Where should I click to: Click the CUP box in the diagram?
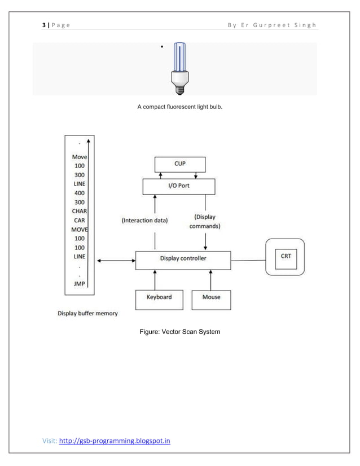pyautogui.click(x=180, y=164)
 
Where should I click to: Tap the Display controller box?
pyautogui.click(x=183, y=258)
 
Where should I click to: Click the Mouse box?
pyautogui.click(x=211, y=297)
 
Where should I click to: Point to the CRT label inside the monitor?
pyautogui.click(x=286, y=256)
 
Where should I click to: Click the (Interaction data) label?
pyautogui.click(x=144, y=221)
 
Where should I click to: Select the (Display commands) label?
pyautogui.click(x=207, y=221)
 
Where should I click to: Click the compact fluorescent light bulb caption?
pyautogui.click(x=180, y=107)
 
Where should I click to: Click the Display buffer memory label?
pyautogui.click(x=87, y=313)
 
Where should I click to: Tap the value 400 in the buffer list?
pyautogui.click(x=79, y=193)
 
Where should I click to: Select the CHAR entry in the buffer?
pyautogui.click(x=79, y=211)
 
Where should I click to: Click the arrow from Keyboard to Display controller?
pyautogui.click(x=155, y=279)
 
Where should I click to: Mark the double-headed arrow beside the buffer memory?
pyautogui.click(x=115, y=261)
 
